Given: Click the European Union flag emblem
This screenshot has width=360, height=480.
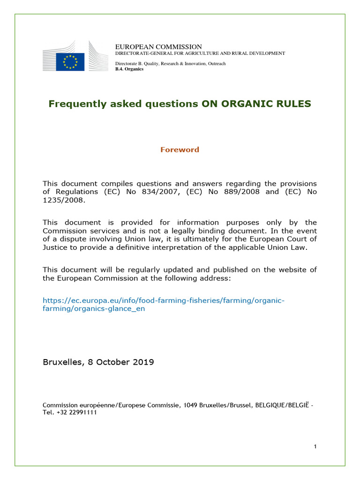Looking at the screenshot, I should click(x=70, y=62).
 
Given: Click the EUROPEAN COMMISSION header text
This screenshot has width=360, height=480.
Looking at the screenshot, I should click(x=158, y=47).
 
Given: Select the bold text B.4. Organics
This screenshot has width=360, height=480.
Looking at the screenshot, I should click(x=129, y=69).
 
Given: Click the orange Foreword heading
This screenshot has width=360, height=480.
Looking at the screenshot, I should click(x=180, y=150).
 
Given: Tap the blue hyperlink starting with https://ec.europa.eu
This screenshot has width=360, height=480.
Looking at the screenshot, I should click(x=163, y=300).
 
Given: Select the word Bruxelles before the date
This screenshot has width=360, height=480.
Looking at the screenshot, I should click(x=61, y=362).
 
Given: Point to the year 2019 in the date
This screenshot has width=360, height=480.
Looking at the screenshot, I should click(x=143, y=362).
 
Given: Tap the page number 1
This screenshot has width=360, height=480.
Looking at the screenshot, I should click(x=315, y=446).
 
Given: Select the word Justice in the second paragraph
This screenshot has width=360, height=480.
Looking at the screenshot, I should click(x=56, y=247).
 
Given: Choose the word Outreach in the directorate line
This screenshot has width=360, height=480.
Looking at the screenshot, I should click(x=213, y=63).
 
